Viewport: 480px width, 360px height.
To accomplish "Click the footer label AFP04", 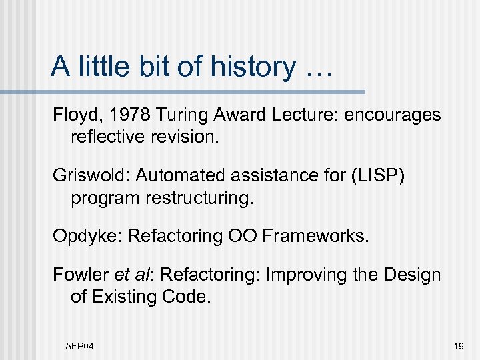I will click(x=79, y=346).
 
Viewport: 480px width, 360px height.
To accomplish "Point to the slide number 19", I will click(x=459, y=346).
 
